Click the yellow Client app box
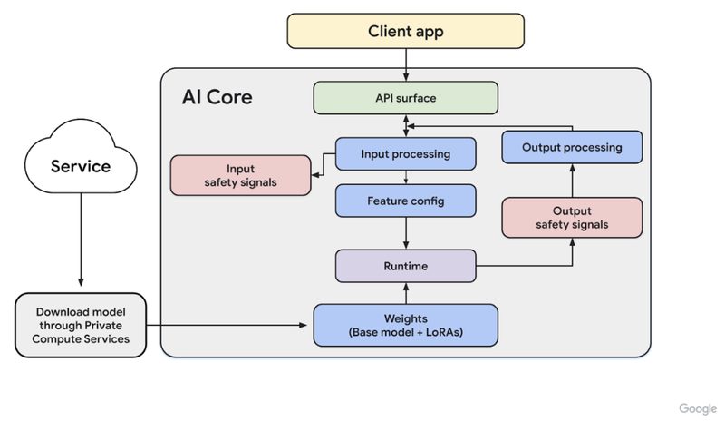(405, 31)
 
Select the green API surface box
(405, 98)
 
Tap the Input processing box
(405, 153)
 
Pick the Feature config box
(405, 201)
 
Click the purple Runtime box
(405, 266)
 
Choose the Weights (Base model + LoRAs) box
(405, 325)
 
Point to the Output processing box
(572, 147)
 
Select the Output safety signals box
(572, 218)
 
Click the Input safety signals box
(240, 175)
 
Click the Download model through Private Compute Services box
(81, 325)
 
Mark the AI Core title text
(217, 97)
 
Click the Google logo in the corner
(698, 408)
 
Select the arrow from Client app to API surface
(406, 64)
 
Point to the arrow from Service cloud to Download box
(81, 240)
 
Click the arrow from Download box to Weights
(227, 325)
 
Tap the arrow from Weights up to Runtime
(406, 293)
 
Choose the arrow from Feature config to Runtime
(406, 233)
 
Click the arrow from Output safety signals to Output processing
(573, 181)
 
